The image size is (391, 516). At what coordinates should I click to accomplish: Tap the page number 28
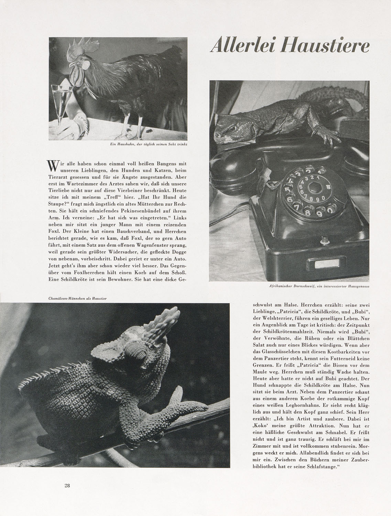click(x=67, y=486)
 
